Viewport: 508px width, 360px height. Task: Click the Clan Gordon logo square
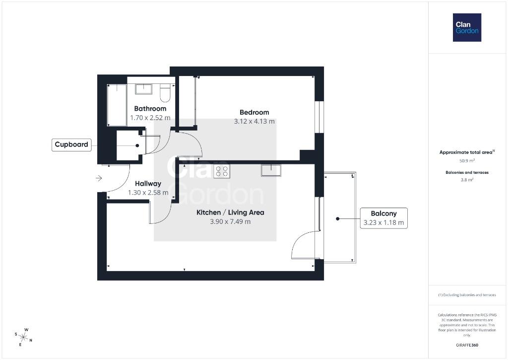(x=467, y=28)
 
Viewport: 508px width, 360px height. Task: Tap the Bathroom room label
(x=150, y=109)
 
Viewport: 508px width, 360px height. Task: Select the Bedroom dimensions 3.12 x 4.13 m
(x=254, y=121)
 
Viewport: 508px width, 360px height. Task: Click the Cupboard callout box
(x=71, y=144)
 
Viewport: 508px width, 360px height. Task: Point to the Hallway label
(x=148, y=184)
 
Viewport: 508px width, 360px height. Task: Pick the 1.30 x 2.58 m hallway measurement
(x=148, y=193)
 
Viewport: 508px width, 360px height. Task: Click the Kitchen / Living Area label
(x=230, y=213)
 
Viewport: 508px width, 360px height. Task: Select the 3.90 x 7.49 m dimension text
(x=230, y=222)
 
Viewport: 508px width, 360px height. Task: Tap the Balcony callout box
(x=383, y=218)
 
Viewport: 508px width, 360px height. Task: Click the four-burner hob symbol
(x=222, y=171)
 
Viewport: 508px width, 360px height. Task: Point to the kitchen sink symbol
(x=271, y=170)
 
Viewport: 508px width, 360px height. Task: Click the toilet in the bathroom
(x=165, y=93)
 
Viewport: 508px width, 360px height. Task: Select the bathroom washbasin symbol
(x=143, y=89)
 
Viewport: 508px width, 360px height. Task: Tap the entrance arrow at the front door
(x=99, y=178)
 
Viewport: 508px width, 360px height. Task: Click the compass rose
(x=23, y=337)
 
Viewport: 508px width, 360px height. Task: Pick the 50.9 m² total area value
(x=467, y=160)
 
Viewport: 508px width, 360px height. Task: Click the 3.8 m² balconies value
(x=467, y=180)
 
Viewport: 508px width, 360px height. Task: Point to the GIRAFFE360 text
(x=467, y=345)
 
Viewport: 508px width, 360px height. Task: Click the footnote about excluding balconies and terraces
(x=467, y=295)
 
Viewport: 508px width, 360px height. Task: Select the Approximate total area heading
(x=467, y=152)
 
